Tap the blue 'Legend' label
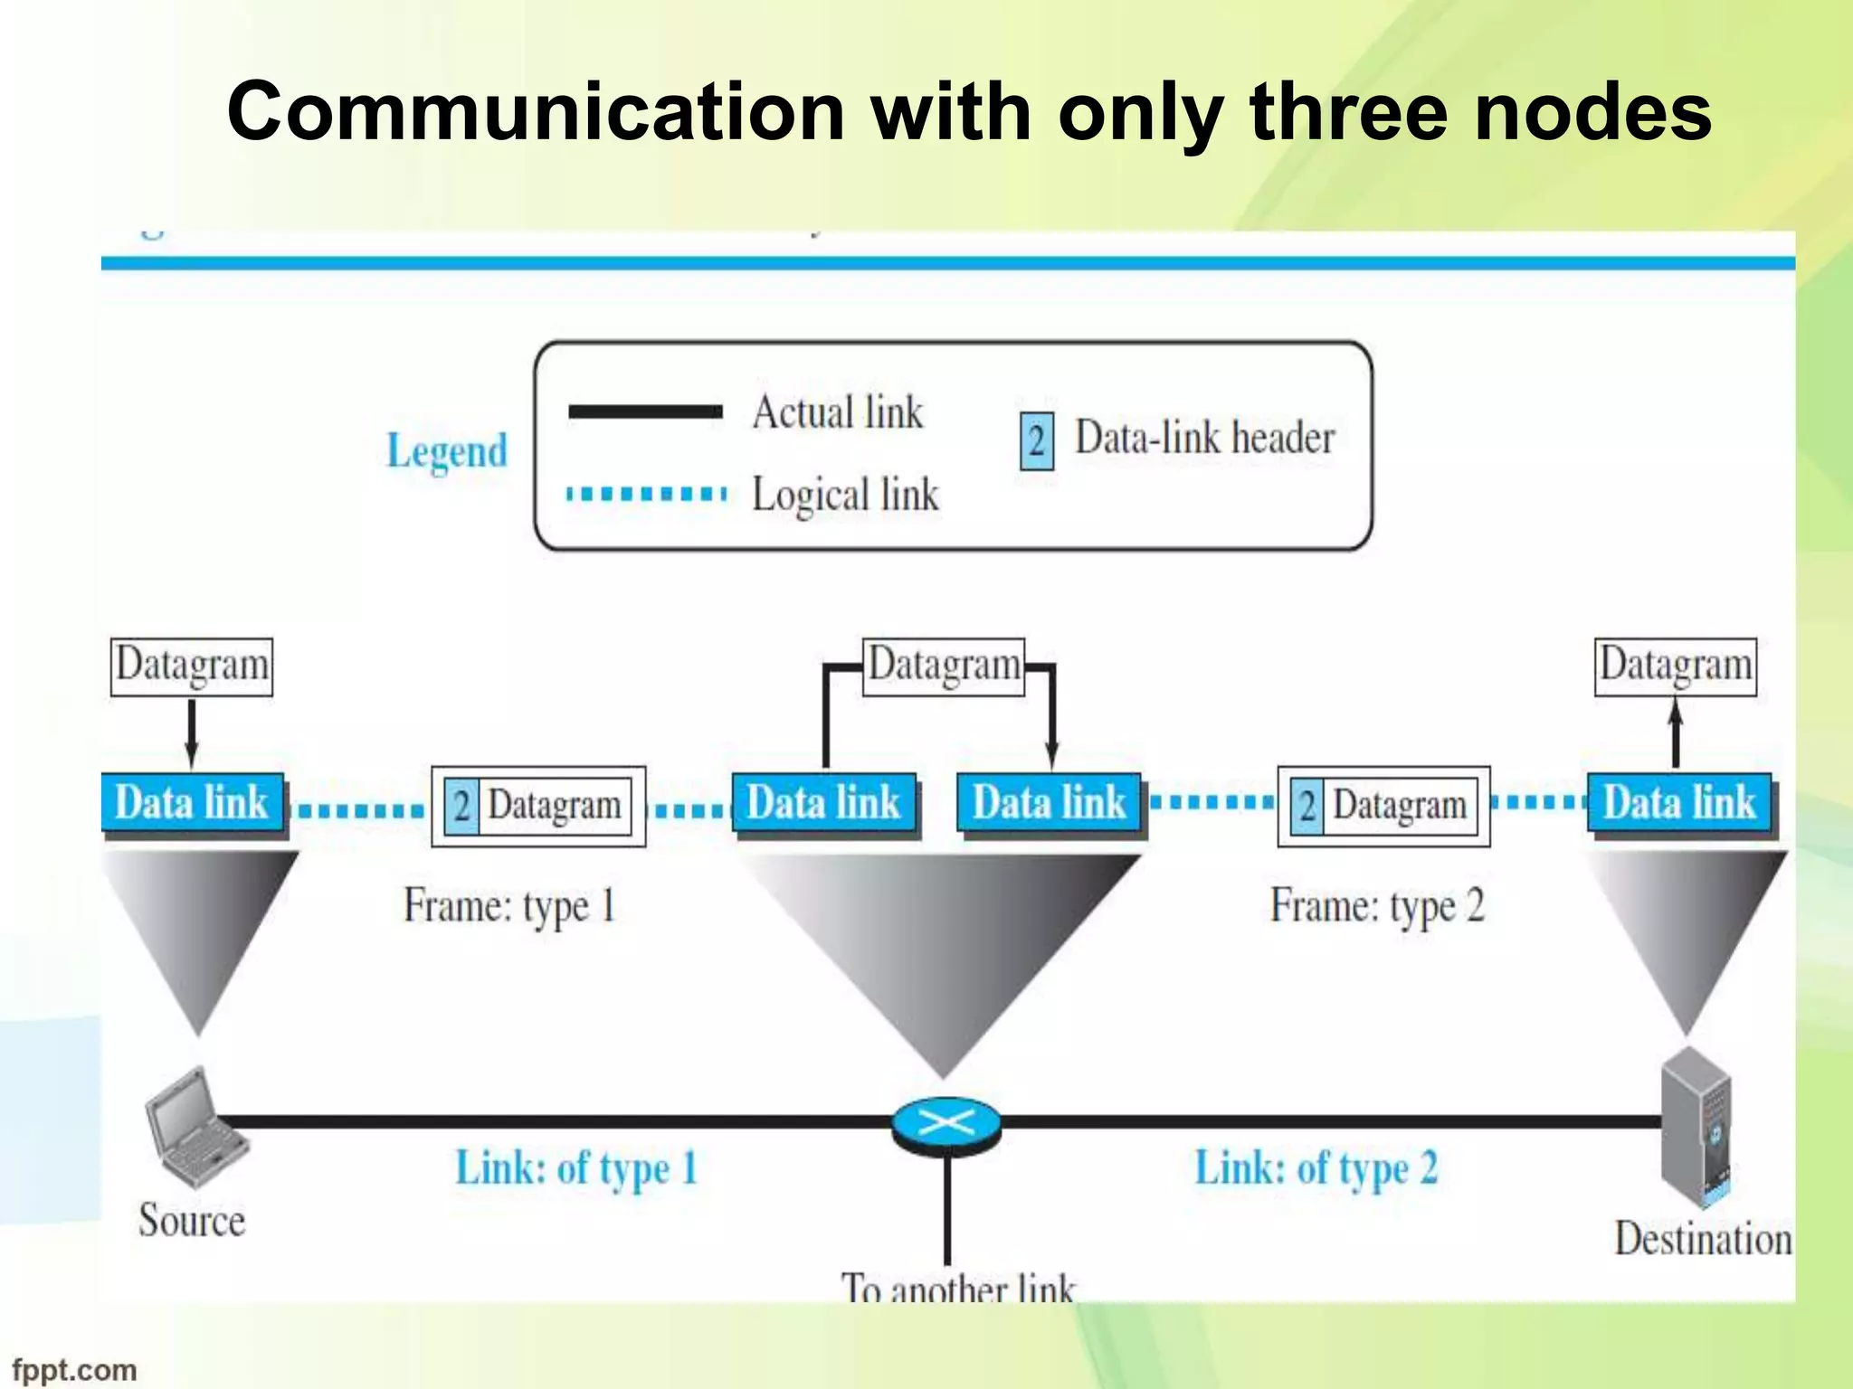click(x=447, y=450)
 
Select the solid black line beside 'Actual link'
click(x=645, y=412)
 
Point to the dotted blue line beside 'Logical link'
click(x=645, y=494)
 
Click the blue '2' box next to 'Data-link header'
click(x=1036, y=441)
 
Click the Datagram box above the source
click(x=191, y=666)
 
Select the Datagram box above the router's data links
click(x=944, y=666)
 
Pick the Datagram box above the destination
click(x=1675, y=666)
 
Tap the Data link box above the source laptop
click(x=192, y=802)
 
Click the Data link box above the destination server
click(x=1679, y=802)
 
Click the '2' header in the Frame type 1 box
click(x=461, y=806)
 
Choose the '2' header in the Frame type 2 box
click(x=1307, y=806)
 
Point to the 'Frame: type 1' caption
click(x=509, y=906)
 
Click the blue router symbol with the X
click(x=946, y=1124)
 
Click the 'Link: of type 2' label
click(x=1316, y=1167)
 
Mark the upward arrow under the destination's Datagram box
click(x=1675, y=733)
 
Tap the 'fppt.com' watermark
click(x=74, y=1369)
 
